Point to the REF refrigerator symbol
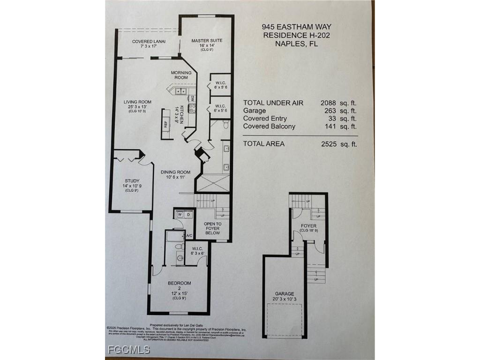point(165,124)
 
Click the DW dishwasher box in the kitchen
point(192,99)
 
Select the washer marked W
point(179,214)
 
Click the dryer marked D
point(188,214)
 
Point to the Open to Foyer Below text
point(212,228)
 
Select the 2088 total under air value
point(330,103)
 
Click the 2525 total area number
point(330,144)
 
